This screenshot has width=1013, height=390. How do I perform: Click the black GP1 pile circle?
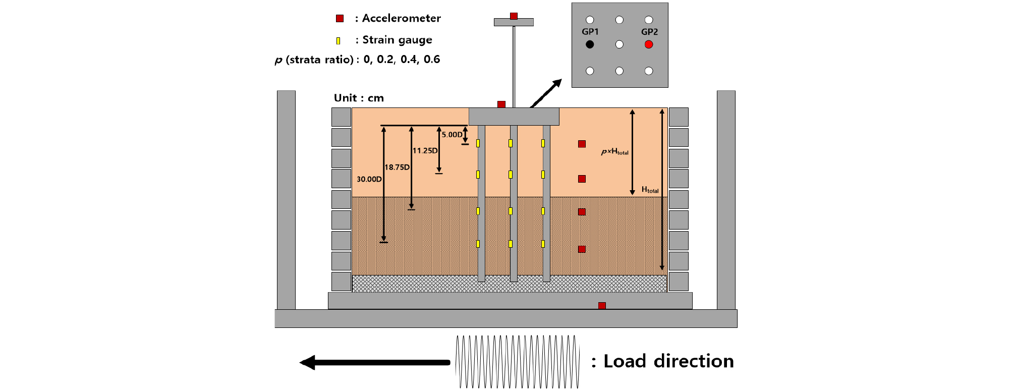click(x=590, y=44)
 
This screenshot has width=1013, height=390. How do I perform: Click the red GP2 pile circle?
click(x=649, y=44)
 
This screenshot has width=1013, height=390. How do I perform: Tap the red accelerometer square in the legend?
click(x=340, y=19)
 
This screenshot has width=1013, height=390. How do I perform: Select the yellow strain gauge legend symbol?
click(x=339, y=40)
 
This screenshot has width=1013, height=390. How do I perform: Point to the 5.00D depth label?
click(x=452, y=135)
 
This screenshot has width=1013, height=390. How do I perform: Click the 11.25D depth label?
click(x=425, y=150)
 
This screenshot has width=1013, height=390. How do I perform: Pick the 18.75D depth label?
click(x=397, y=167)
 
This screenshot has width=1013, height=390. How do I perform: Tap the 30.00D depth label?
click(x=369, y=179)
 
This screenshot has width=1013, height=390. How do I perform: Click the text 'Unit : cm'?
click(x=359, y=98)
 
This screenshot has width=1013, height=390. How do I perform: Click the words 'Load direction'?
click(x=668, y=361)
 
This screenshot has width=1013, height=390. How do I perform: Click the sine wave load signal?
click(x=517, y=362)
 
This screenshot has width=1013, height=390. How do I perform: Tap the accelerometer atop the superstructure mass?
click(x=514, y=16)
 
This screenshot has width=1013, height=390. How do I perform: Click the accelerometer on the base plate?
click(x=602, y=306)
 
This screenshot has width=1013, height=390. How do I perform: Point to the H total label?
click(x=650, y=190)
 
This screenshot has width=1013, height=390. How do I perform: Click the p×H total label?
click(x=614, y=151)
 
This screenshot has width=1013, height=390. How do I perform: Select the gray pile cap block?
click(x=514, y=117)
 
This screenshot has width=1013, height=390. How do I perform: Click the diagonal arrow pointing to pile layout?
click(x=546, y=93)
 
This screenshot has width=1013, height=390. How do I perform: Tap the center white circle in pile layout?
click(x=620, y=44)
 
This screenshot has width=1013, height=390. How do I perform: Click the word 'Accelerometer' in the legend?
click(x=401, y=19)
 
